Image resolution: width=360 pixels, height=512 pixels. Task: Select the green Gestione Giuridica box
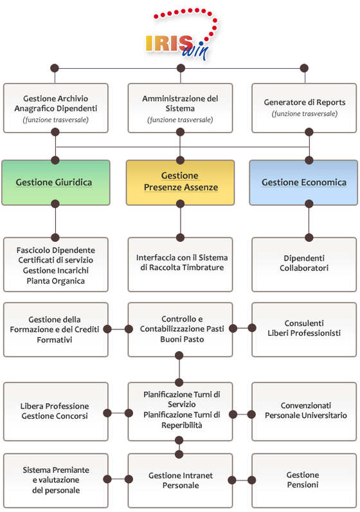click(56, 183)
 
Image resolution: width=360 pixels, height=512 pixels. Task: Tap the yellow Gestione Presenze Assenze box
click(180, 183)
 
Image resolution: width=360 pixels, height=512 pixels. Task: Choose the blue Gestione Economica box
click(303, 183)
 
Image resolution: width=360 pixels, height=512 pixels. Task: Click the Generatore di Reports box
click(304, 108)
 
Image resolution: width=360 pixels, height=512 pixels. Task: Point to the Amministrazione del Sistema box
click(180, 108)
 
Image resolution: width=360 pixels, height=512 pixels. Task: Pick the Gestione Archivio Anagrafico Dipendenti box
click(56, 108)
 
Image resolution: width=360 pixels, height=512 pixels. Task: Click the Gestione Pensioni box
click(304, 480)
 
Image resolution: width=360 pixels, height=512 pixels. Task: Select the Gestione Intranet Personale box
click(180, 480)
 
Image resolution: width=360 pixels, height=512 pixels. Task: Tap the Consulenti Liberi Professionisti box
click(304, 329)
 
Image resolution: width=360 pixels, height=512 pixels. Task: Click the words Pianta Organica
click(56, 281)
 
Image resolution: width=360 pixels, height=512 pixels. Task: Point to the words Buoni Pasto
click(182, 340)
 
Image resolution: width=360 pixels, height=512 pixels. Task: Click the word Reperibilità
click(182, 425)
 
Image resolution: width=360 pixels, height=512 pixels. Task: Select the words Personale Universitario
click(306, 416)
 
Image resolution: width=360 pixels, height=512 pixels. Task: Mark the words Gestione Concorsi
click(55, 416)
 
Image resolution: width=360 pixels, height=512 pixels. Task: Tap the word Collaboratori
click(304, 268)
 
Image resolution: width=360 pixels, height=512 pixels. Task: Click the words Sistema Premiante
click(56, 470)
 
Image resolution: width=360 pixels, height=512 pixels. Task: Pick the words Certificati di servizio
click(56, 261)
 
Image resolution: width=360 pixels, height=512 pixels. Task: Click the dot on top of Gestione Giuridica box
click(55, 160)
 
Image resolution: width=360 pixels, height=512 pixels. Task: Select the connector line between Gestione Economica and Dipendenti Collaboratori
click(309, 221)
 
